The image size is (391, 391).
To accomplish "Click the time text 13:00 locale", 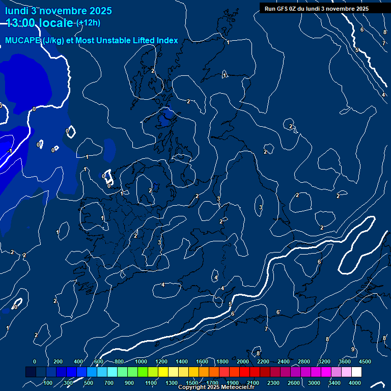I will pyautogui.click(x=40, y=23).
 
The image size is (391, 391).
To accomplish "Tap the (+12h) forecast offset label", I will pyautogui.click(x=88, y=23).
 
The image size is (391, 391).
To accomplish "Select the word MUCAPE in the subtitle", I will pyautogui.click(x=23, y=41).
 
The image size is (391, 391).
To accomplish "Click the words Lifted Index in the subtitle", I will pyautogui.click(x=153, y=41).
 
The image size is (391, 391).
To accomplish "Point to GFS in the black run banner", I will pyautogui.click(x=283, y=9).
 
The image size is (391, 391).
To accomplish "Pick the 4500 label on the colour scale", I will pyautogui.click(x=365, y=361).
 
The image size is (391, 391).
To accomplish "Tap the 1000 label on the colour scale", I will pyautogui.click(x=141, y=361).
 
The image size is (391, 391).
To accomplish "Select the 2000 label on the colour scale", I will pyautogui.click(x=243, y=361).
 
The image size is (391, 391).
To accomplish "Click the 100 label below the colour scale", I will pyautogui.click(x=49, y=383).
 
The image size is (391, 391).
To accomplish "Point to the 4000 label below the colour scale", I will pyautogui.click(x=355, y=383).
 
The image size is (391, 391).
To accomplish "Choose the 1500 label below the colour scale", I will pyautogui.click(x=192, y=383).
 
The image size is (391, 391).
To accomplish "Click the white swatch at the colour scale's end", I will pyautogui.click(x=356, y=372).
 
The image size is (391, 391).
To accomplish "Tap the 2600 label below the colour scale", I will pyautogui.click(x=294, y=383).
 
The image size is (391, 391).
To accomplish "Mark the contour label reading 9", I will pyautogui.click(x=352, y=349).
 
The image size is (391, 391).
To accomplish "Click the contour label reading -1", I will pyautogui.click(x=10, y=151).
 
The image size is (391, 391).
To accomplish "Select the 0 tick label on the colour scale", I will pyautogui.click(x=35, y=361).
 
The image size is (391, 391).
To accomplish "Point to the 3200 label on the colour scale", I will pyautogui.click(x=324, y=361).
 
